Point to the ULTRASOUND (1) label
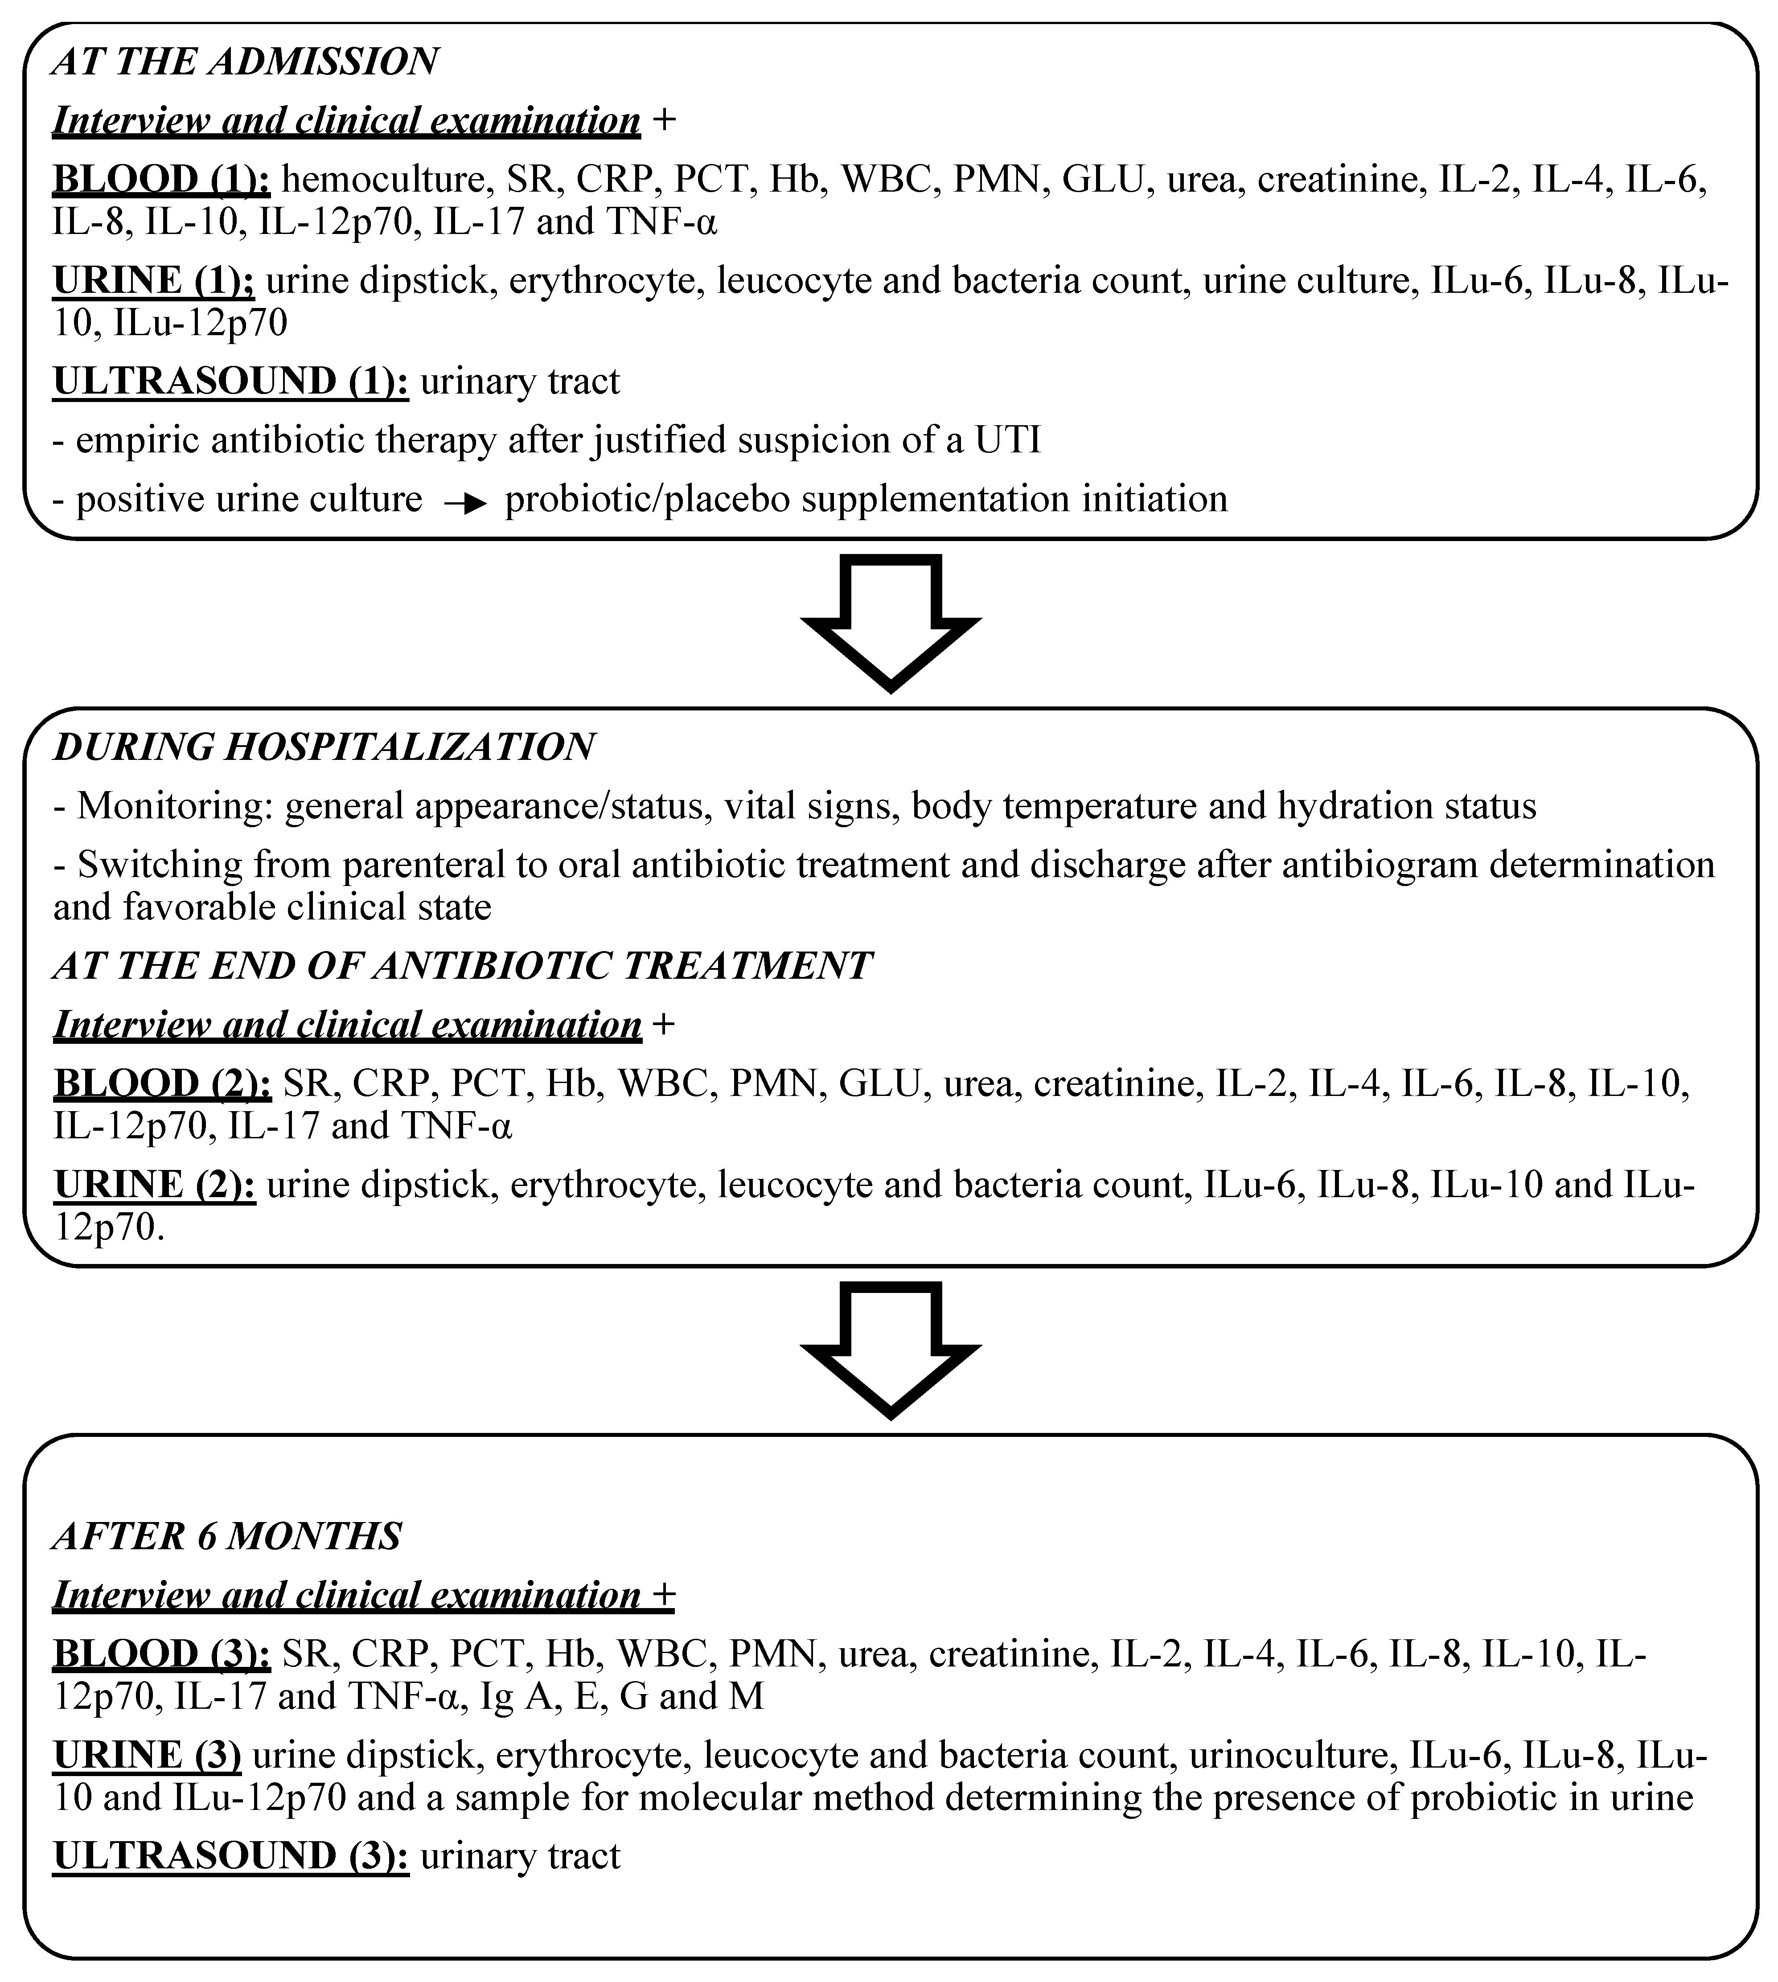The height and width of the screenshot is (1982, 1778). (230, 381)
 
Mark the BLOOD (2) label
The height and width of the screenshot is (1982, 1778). (161, 1084)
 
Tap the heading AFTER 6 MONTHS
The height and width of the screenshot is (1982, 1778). (226, 1537)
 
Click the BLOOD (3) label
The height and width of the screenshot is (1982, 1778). (161, 1654)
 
